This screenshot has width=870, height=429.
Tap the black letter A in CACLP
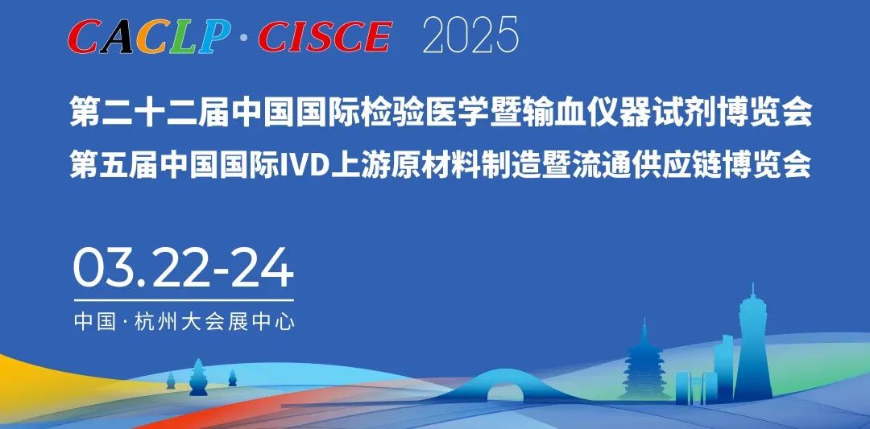pyautogui.click(x=118, y=36)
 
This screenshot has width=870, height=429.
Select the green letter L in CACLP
pyautogui.click(x=183, y=36)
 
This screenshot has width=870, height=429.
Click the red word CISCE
pyautogui.click(x=325, y=36)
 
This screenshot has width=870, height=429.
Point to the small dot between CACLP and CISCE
pyautogui.click(x=245, y=39)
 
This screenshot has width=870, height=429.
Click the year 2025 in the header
pyautogui.click(x=470, y=35)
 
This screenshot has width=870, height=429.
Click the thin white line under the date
pyautogui.click(x=184, y=300)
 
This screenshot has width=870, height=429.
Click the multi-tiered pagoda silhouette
pyautogui.click(x=644, y=363)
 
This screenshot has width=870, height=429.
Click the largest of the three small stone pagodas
pyautogui.click(x=198, y=378)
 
